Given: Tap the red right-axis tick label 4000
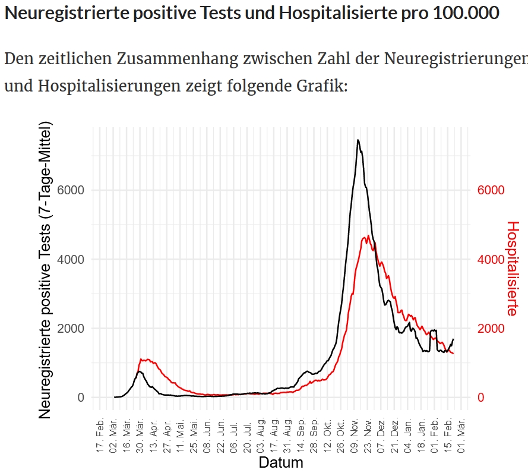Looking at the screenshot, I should coord(491,260).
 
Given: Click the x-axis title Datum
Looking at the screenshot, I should coord(281,462).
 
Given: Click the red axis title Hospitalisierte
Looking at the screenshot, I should coord(512,269).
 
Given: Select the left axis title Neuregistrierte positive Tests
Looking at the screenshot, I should coord(46,270).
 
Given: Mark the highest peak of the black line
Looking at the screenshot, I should coord(358,140).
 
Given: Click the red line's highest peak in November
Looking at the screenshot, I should coord(368,236).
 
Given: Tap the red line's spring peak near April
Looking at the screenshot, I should coord(143,358).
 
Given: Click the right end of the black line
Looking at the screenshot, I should coord(453,339).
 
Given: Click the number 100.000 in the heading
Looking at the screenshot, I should coord(466,13).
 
